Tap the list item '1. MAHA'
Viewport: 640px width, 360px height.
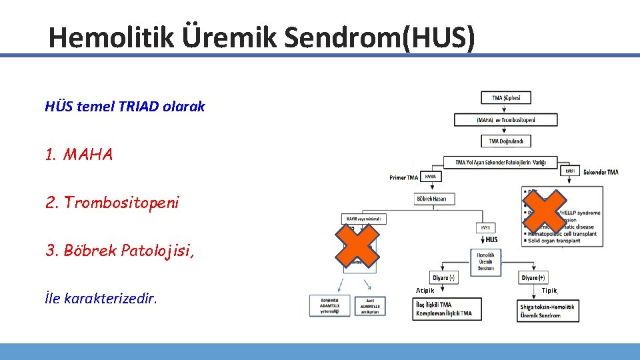pos(79,155)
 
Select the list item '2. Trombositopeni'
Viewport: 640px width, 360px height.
pos(112,202)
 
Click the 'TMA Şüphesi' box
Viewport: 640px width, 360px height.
pos(506,98)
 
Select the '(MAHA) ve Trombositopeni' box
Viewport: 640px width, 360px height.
pos(505,120)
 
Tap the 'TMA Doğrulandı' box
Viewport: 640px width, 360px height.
pos(505,141)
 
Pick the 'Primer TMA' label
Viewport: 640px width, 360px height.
pos(404,177)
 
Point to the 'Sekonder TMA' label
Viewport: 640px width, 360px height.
pos(600,172)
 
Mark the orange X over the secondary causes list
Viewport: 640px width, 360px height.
pos(545,212)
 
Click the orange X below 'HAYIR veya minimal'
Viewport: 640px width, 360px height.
pos(357,244)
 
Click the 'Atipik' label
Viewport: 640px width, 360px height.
pos(425,291)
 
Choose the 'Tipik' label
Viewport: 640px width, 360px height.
pos(549,291)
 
